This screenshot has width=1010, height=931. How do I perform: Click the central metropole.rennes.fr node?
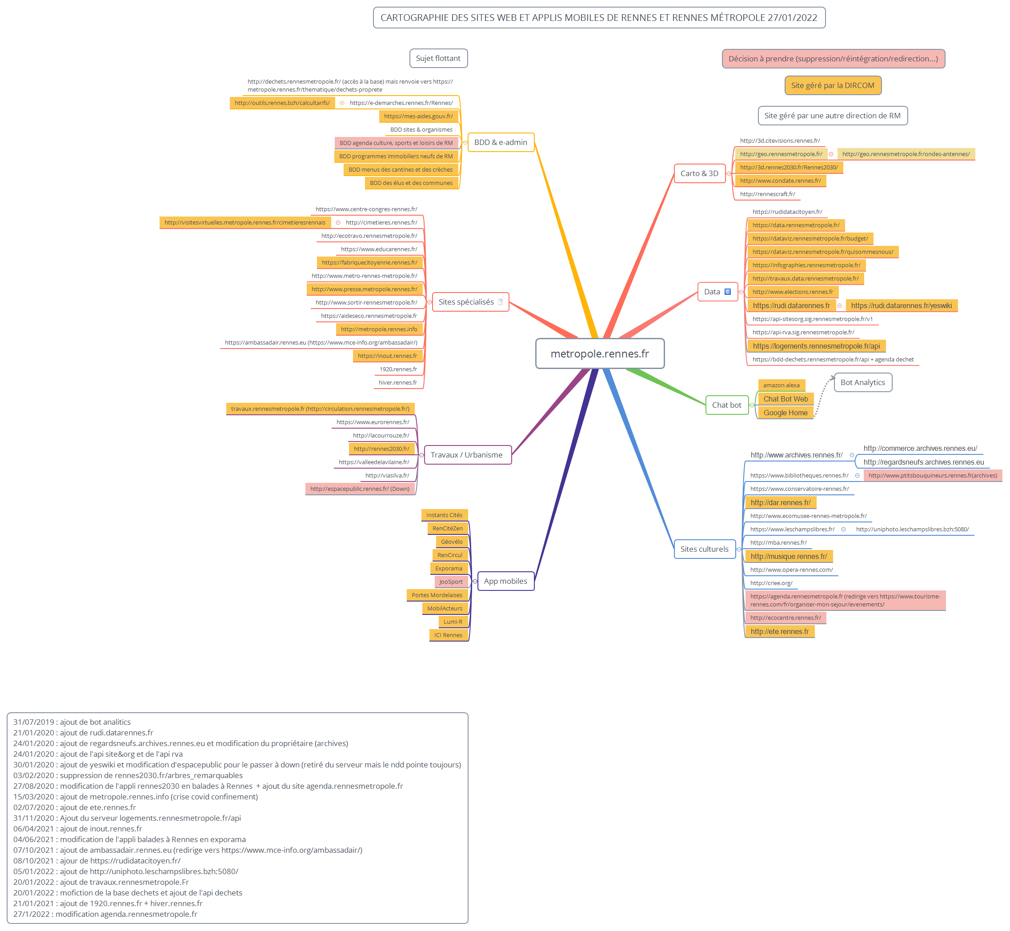click(599, 353)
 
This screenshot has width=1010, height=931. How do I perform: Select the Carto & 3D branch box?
click(699, 173)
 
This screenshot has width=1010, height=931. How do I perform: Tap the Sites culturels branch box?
click(704, 549)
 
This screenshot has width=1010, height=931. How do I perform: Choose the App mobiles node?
click(505, 581)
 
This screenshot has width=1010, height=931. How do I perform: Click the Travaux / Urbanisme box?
click(466, 455)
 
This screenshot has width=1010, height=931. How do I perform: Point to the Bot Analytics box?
click(862, 382)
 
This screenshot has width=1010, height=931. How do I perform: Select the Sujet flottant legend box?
click(438, 58)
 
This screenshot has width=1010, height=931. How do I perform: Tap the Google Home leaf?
click(786, 413)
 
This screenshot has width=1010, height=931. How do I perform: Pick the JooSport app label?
click(451, 582)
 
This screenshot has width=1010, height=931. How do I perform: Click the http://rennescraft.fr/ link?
click(767, 194)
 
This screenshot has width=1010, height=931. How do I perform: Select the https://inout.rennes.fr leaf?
click(387, 356)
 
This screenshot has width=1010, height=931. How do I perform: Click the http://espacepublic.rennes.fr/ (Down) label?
click(360, 489)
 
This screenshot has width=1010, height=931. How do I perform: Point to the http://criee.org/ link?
click(771, 583)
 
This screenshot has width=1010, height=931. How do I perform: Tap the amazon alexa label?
click(782, 385)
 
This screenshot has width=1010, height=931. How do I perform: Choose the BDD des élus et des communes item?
click(411, 183)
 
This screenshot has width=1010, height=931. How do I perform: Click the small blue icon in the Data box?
click(728, 292)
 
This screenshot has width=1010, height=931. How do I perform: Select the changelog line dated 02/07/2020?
click(75, 807)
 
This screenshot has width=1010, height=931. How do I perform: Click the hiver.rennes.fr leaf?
click(398, 382)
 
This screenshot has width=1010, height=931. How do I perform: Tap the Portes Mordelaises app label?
click(437, 595)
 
